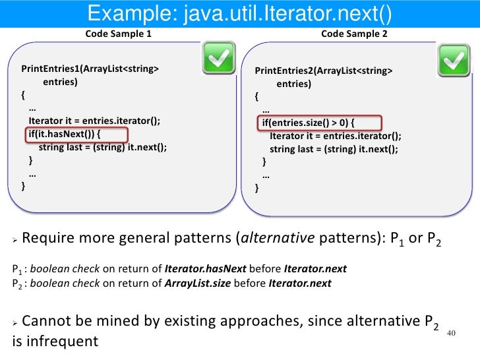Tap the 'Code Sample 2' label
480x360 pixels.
click(x=354, y=34)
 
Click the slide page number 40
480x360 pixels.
click(x=452, y=333)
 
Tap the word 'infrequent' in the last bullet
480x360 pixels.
click(x=65, y=341)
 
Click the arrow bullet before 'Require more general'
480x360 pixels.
click(x=16, y=240)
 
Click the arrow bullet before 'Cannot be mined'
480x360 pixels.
click(x=16, y=323)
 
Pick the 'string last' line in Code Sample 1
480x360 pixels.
click(x=102, y=147)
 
